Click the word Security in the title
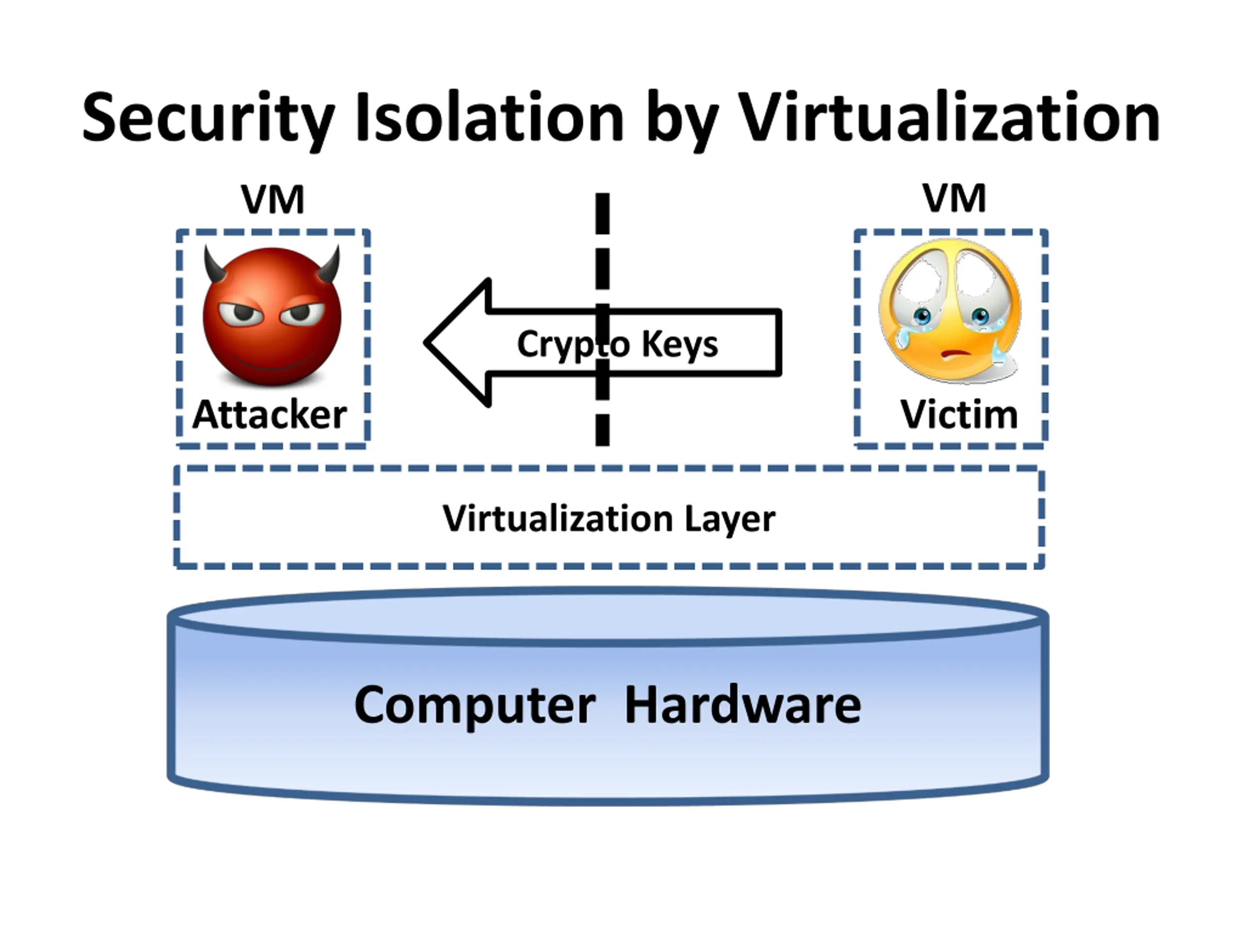pos(208,118)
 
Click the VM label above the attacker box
pos(273,200)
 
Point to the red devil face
pos(272,318)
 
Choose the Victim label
pos(959,415)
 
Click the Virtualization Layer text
pos(609,518)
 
